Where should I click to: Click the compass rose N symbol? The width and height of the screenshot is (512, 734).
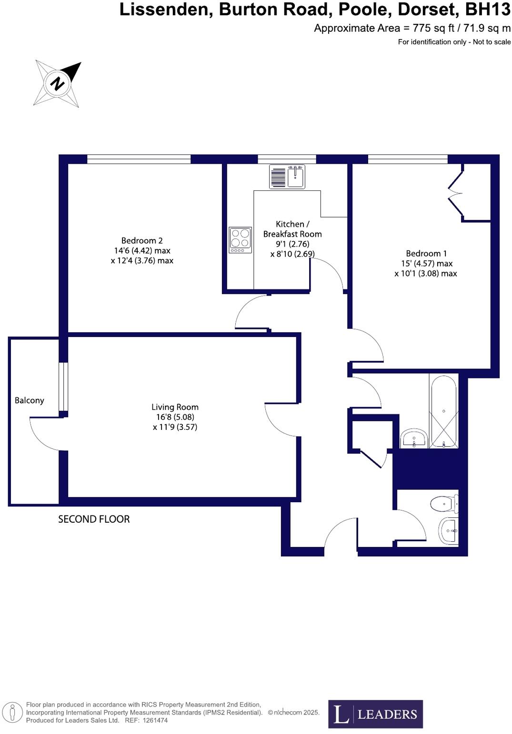click(x=58, y=84)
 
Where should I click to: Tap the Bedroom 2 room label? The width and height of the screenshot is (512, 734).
click(x=142, y=241)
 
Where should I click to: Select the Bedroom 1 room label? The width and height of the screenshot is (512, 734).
click(x=426, y=254)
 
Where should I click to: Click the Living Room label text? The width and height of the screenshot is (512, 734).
click(x=175, y=407)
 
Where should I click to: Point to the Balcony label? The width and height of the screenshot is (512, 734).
click(x=29, y=400)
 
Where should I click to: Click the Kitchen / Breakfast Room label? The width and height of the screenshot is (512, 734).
click(x=292, y=229)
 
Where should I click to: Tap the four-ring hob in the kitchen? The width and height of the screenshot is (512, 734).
click(x=240, y=239)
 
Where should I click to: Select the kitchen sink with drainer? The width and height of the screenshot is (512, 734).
click(x=287, y=177)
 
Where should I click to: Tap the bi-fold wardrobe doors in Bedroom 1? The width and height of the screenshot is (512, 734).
click(x=456, y=193)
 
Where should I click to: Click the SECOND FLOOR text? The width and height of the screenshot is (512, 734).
click(x=94, y=519)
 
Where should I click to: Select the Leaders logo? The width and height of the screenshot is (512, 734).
click(x=375, y=714)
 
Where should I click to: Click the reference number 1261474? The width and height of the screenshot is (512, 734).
click(x=152, y=721)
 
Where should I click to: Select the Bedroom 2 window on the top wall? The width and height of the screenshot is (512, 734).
click(x=139, y=159)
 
